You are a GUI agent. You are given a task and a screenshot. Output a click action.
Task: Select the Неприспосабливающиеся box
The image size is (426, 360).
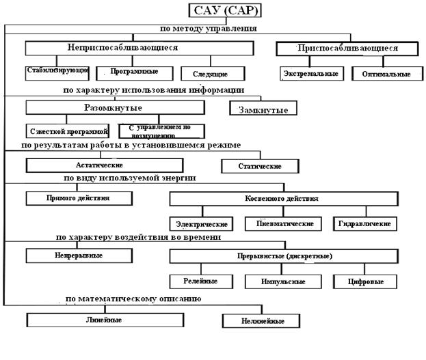tap(122, 49)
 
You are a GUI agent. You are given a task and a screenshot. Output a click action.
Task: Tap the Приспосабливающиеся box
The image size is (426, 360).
tap(347, 49)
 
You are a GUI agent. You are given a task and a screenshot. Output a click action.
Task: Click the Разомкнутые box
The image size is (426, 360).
tap(115, 108)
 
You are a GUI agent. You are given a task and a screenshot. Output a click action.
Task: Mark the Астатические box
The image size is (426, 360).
tap(104, 165)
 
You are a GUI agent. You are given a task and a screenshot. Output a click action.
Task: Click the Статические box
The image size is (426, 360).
tap(260, 166)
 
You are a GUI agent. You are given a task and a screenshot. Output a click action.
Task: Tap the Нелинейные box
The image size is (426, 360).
tap(263, 321)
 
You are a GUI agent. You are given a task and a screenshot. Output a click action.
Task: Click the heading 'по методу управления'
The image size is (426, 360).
tap(208, 29)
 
